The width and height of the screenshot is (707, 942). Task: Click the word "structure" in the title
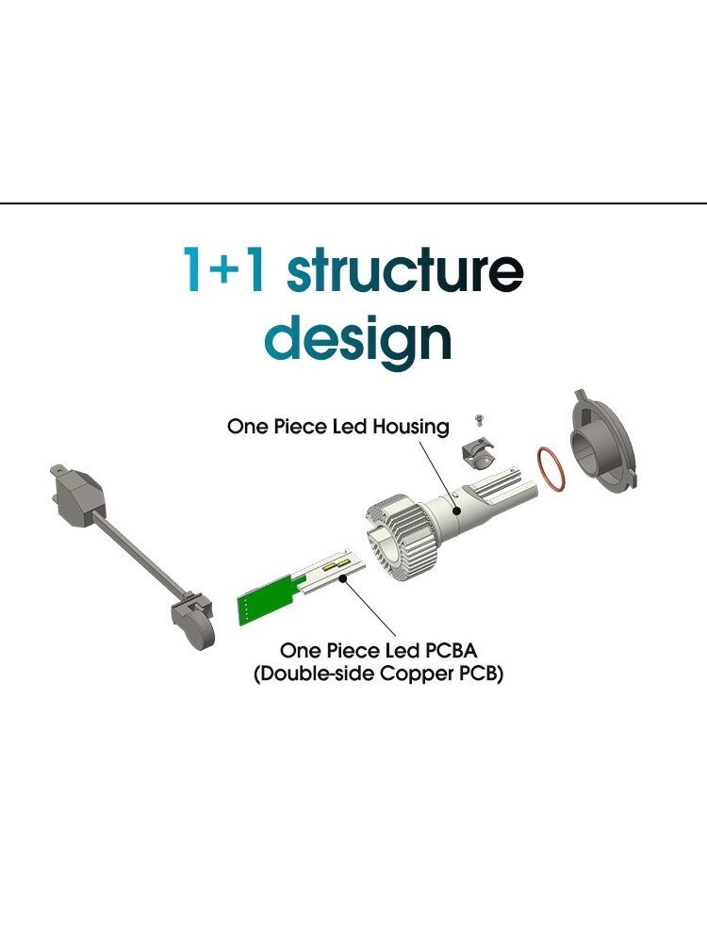404,270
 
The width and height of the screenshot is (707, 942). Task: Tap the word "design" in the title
358,339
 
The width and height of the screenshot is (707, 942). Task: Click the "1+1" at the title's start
224,269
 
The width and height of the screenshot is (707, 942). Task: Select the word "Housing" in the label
411,427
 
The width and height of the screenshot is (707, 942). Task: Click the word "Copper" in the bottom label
416,674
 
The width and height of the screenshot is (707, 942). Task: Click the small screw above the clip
479,419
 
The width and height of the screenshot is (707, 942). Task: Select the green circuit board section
269,599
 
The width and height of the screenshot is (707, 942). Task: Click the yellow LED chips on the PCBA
337,564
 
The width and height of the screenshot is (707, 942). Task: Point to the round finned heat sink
396,537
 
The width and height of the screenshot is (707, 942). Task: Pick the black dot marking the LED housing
457,512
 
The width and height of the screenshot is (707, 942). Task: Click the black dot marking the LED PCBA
344,578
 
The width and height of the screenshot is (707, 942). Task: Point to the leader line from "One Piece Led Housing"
438,475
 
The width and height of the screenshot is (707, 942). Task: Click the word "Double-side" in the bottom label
315,674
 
